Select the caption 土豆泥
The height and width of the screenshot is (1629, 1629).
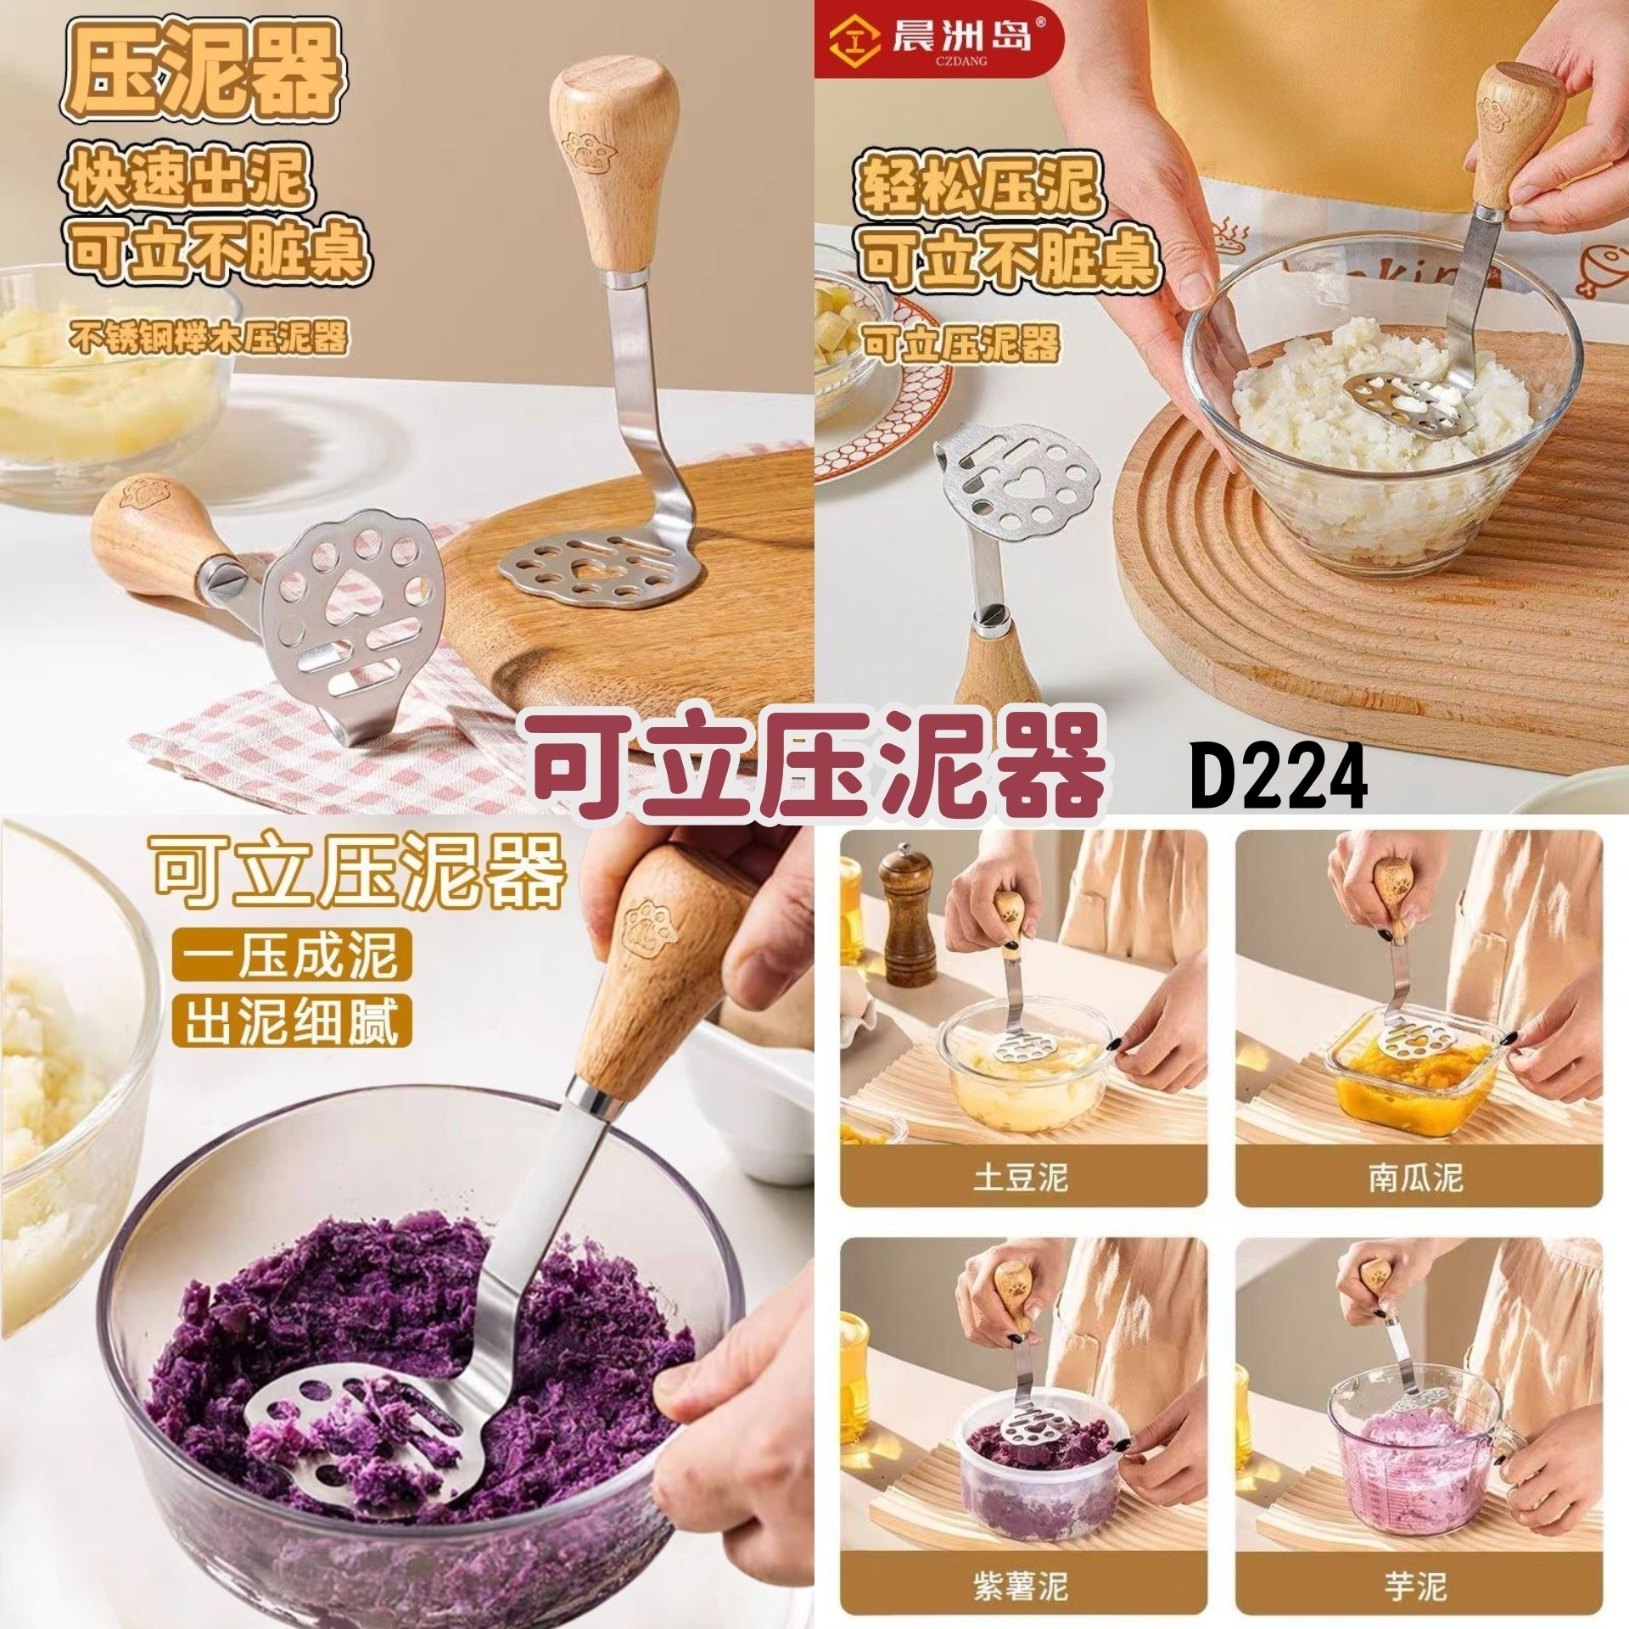tap(1021, 1178)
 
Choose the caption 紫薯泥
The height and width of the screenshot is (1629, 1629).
tap(1021, 1561)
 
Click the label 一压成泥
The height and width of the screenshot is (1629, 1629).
tap(291, 954)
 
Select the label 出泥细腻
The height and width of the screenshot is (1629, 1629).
tap(291, 1022)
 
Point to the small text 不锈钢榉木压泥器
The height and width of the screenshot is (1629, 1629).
tap(209, 339)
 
